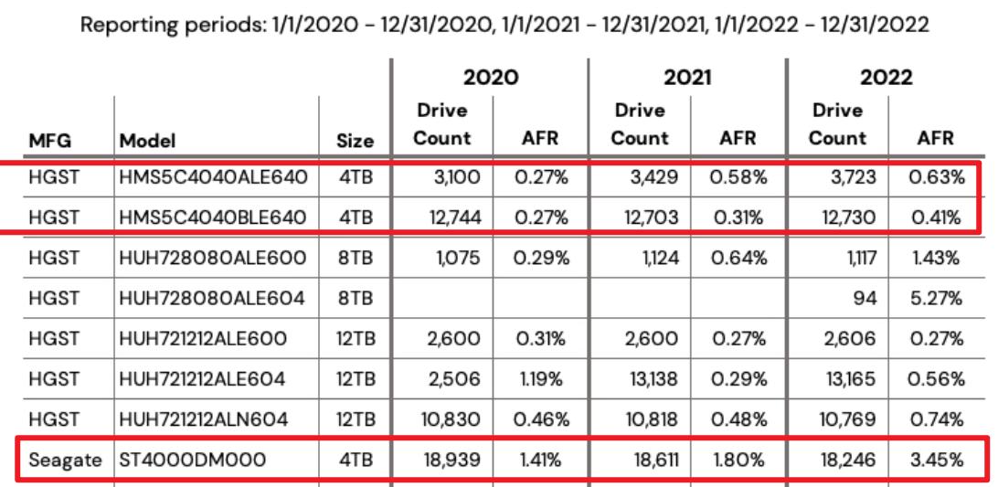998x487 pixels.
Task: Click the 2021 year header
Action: click(x=688, y=80)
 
